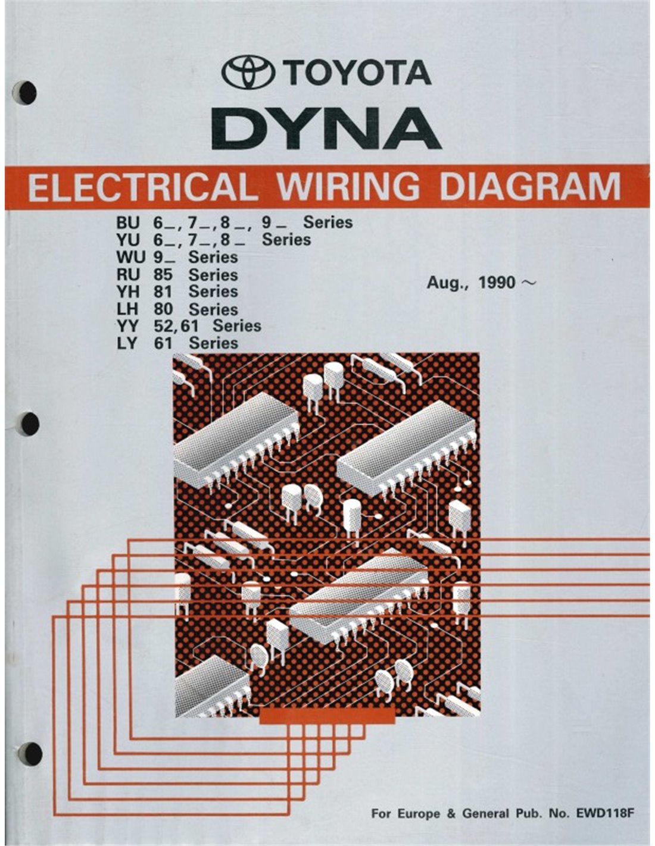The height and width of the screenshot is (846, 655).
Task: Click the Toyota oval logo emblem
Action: coord(248,72)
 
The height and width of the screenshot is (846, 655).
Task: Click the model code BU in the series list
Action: coord(127,223)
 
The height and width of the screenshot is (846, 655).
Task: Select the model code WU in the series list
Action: coord(130,257)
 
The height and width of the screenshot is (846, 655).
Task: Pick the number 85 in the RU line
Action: coord(163,275)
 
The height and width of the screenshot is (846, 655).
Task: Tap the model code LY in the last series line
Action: coord(127,343)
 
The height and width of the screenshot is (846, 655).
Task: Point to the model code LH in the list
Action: coord(127,309)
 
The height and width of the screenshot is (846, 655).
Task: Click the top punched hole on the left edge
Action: coord(28,93)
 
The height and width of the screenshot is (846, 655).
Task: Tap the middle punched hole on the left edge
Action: coord(30,424)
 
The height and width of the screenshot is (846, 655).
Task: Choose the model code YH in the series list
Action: coord(127,291)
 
